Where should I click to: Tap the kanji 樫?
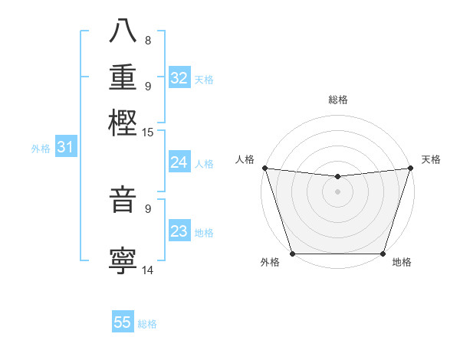[123, 123]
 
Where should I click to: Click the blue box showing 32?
[179, 78]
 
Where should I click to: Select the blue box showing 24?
[179, 162]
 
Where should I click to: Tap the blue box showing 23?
[179, 231]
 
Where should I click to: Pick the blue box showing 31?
[65, 147]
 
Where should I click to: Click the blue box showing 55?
[123, 322]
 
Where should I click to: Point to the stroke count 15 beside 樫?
[148, 133]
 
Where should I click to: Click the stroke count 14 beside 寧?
[148, 269]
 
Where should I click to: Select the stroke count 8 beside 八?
[148, 41]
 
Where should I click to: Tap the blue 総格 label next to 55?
[147, 324]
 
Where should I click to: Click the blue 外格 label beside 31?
[41, 149]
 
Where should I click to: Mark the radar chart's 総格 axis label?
[337, 100]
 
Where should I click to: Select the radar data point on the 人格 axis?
[264, 168]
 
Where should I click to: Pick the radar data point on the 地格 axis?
[383, 254]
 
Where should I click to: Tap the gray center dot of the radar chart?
[337, 191]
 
